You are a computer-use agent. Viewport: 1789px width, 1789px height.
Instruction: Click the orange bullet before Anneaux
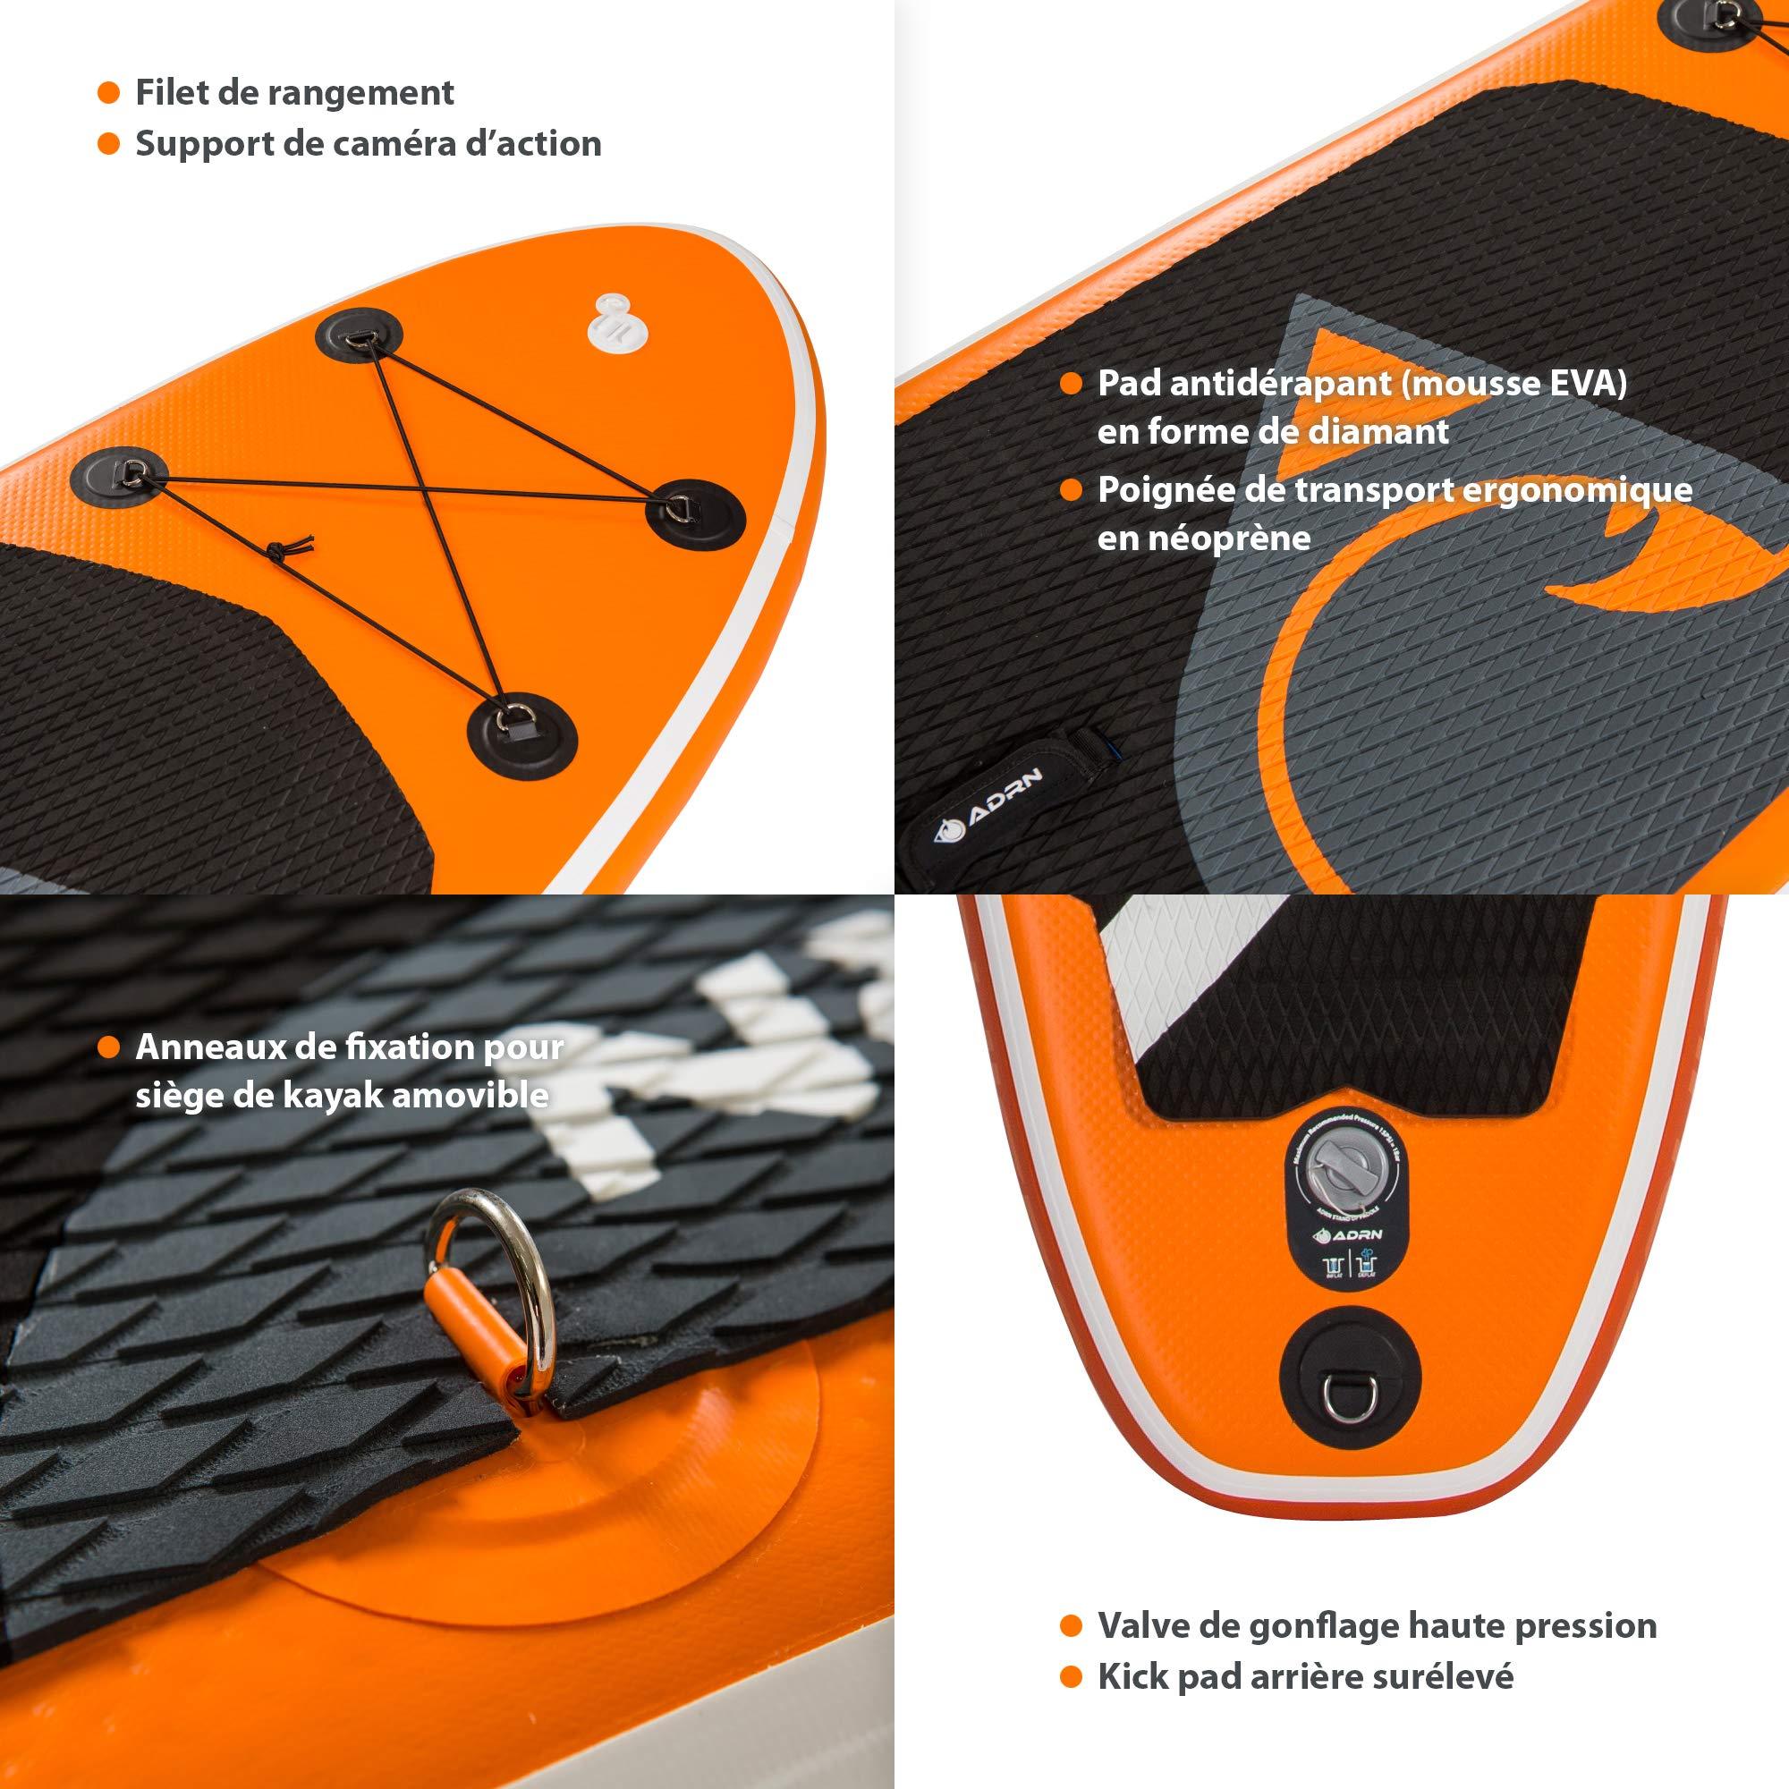coord(109,1048)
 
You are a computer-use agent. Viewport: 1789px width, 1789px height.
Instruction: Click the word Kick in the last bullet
coord(1132,1676)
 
